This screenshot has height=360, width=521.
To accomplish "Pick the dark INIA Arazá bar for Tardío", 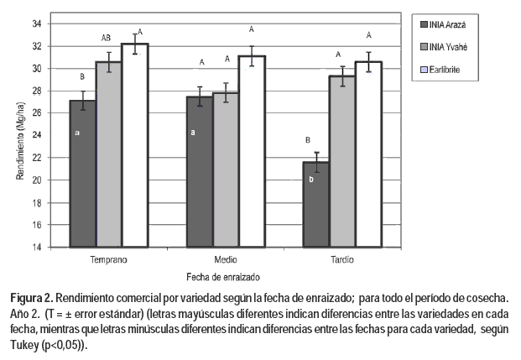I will tap(315, 204).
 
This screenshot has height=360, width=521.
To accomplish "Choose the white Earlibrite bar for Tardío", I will tap(367, 154).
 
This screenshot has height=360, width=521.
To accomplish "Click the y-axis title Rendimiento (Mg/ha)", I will tap(18, 134).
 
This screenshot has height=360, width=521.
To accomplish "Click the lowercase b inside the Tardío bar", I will tap(311, 180).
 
